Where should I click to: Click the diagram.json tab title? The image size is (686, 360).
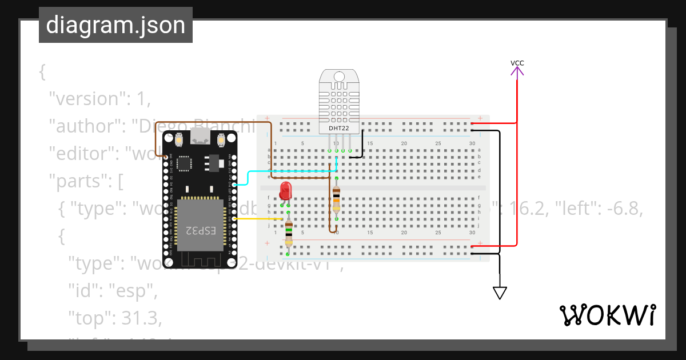pyautogui.click(x=115, y=25)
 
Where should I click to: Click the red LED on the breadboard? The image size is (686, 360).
pyautogui.click(x=285, y=191)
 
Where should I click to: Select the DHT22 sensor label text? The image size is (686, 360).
pyautogui.click(x=339, y=129)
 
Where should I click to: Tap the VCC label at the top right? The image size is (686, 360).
pyautogui.click(x=517, y=63)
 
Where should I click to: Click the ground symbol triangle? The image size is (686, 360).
pyautogui.click(x=500, y=293)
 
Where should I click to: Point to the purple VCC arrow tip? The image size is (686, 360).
pyautogui.click(x=517, y=69)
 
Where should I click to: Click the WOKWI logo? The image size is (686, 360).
pyautogui.click(x=607, y=315)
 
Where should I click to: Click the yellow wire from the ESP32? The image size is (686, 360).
pyautogui.click(x=257, y=219)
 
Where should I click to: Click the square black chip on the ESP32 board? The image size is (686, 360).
pyautogui.click(x=185, y=164)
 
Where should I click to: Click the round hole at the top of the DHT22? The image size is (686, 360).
pyautogui.click(x=339, y=77)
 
